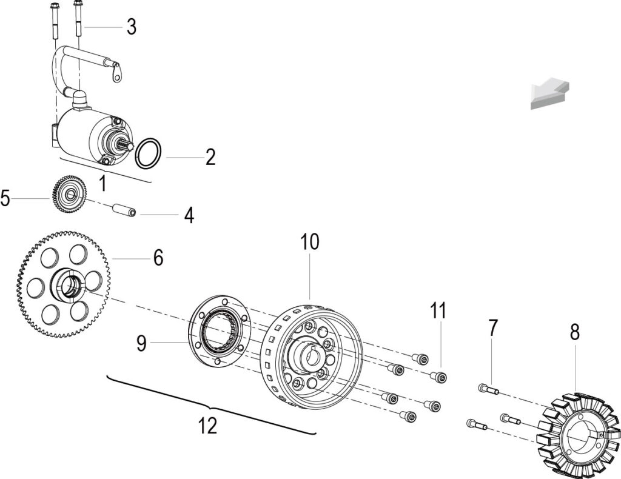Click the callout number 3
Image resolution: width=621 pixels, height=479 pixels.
click(x=132, y=27)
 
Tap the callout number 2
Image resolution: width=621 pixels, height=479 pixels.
click(x=210, y=157)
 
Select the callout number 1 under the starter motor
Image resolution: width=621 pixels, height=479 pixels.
click(x=102, y=184)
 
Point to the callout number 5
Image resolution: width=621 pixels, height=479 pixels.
click(x=5, y=198)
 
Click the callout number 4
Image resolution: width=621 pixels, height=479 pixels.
click(x=189, y=215)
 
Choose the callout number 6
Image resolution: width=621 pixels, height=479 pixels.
click(x=158, y=258)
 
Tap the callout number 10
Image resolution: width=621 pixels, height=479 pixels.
click(x=310, y=241)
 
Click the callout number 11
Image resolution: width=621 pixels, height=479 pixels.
click(x=438, y=310)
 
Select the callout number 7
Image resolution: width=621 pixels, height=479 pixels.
click(x=492, y=328)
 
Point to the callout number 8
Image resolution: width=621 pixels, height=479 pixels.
click(x=575, y=332)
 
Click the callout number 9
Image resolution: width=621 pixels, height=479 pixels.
click(x=141, y=343)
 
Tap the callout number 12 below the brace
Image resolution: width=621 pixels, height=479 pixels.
click(x=208, y=426)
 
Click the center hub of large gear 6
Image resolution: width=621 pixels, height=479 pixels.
click(x=70, y=284)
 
